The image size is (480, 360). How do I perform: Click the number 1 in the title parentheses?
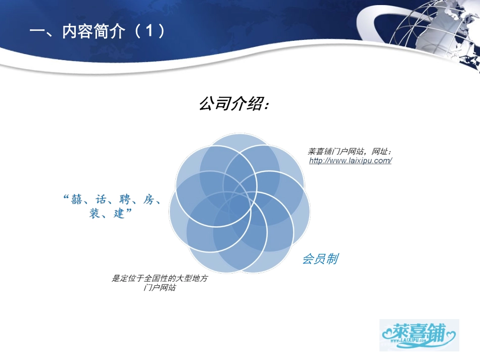coord(149,32)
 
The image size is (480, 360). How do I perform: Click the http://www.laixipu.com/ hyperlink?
coord(350,161)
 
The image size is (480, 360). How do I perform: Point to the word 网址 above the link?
coord(379,151)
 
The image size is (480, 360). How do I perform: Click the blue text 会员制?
coord(320,259)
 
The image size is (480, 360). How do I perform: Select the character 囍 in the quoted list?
coord(75,199)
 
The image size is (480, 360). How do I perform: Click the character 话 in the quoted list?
coord(100,199)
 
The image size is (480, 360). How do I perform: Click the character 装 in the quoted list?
coord(94,214)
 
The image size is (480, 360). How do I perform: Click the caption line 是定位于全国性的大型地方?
coord(159,278)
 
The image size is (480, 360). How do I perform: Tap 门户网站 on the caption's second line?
coord(159,288)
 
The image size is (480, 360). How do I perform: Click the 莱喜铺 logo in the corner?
coord(419,334)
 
